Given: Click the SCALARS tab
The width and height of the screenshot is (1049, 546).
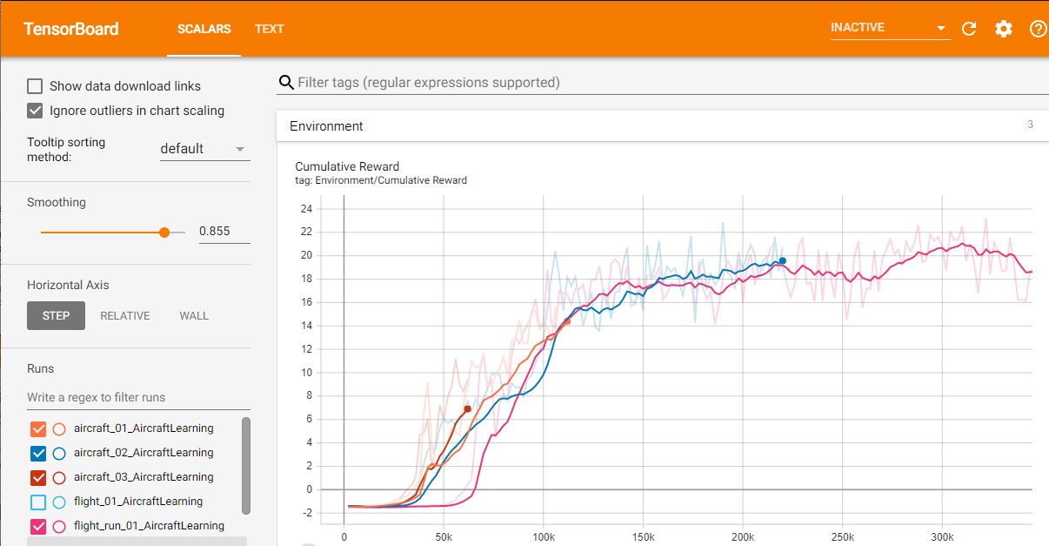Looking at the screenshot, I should pos(204,29).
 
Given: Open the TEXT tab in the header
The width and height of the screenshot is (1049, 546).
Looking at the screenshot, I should pos(269,29).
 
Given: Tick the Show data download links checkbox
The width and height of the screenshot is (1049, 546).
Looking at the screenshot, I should pos(35,86).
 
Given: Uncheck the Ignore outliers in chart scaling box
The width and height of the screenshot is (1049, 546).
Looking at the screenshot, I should pos(35,111).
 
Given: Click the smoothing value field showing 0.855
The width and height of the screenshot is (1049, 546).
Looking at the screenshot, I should pos(224,232).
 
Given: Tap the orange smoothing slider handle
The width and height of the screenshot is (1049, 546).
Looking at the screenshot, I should pos(164,233).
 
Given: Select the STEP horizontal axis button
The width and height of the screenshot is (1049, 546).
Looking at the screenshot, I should pos(56,315).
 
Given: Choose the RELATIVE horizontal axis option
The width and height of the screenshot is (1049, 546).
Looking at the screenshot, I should pos(125,315).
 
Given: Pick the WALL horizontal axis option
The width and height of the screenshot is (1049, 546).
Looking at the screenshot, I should pos(194,315).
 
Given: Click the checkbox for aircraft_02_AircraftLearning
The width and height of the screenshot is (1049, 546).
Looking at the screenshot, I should pos(38,453).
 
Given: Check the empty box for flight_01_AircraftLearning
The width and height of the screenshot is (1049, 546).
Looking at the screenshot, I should pos(38,502).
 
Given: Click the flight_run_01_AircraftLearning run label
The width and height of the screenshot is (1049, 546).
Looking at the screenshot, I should pos(149,526).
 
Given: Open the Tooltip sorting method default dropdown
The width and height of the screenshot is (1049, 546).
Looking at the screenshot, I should pos(204,149).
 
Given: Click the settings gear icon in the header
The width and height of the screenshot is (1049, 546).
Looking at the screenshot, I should pos(1004,29).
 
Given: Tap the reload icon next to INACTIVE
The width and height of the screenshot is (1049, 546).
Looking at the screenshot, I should pos(969,29).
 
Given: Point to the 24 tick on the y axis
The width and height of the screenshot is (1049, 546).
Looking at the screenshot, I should pos(305,209).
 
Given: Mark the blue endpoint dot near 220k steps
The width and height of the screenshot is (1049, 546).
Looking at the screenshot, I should pos(782,260).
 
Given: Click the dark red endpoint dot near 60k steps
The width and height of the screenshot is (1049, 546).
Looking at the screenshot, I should pos(467,408).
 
